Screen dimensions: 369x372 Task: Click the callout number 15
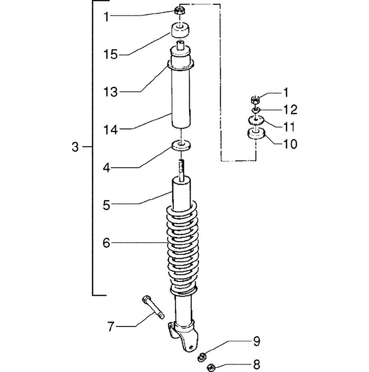[x=111, y=55]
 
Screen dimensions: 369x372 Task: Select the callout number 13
[x=111, y=92]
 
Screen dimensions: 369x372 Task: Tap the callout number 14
[x=111, y=130]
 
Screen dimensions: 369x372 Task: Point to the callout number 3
[x=75, y=147]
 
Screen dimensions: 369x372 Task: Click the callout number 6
[x=107, y=243]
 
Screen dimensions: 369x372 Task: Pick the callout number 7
[x=111, y=326]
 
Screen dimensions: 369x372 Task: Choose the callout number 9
[x=257, y=342]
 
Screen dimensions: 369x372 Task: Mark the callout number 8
[x=257, y=364]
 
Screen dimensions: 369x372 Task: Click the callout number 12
[x=291, y=110]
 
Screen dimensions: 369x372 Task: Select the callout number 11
[x=290, y=127]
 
